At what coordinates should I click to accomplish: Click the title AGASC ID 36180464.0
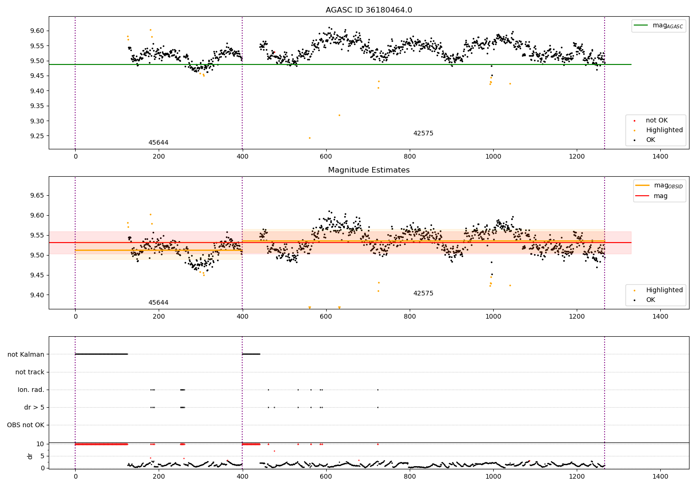click(x=368, y=10)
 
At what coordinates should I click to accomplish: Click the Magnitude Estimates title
click(x=368, y=170)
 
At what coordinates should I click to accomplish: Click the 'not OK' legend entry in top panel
click(x=656, y=121)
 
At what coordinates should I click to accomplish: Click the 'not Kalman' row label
click(x=26, y=354)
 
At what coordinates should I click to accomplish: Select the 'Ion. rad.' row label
click(x=31, y=390)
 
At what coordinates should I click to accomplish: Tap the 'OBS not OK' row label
click(x=26, y=425)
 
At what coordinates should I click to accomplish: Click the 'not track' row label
click(x=30, y=372)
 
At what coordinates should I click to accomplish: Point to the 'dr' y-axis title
click(x=30, y=456)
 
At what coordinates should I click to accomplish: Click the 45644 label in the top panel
click(x=158, y=142)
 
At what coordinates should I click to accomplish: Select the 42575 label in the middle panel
click(x=423, y=293)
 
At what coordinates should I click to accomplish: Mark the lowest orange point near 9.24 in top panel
click(x=309, y=138)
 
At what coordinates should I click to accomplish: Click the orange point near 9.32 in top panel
click(x=339, y=115)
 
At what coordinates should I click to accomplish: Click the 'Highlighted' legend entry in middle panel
click(x=664, y=290)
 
